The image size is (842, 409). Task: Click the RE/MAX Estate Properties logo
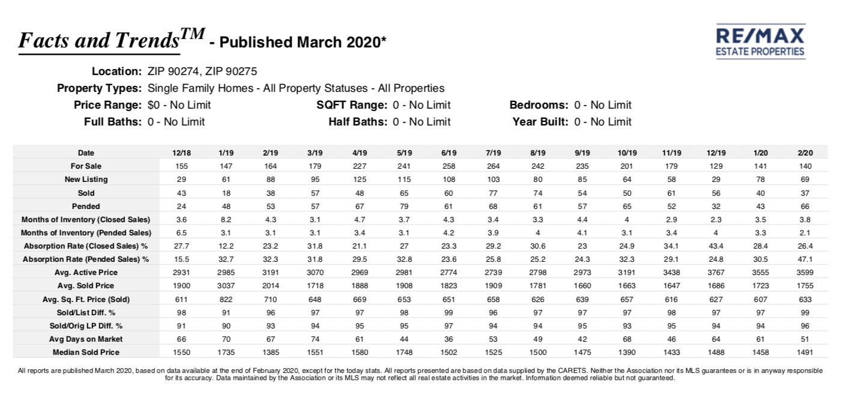click(760, 41)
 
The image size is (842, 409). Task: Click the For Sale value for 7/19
click(493, 166)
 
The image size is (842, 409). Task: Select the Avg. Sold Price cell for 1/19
click(226, 286)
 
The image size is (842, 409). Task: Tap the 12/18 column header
click(182, 153)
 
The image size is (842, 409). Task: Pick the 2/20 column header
click(805, 153)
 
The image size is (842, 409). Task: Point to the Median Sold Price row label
click(86, 353)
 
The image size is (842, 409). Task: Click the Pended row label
click(86, 206)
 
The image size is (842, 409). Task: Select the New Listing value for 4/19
click(360, 180)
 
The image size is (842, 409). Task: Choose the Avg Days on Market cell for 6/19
click(449, 339)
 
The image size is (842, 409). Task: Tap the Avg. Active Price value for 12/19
click(716, 273)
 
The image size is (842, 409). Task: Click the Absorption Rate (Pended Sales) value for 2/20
click(805, 259)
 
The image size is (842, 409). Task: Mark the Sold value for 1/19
click(226, 193)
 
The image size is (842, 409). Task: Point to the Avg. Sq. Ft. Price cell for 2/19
click(270, 299)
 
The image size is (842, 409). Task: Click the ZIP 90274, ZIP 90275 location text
click(202, 71)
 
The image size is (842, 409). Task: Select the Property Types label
click(99, 88)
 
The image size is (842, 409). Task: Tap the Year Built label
click(540, 122)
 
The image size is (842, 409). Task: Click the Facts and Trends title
click(112, 40)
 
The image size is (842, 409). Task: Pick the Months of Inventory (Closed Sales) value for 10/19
click(627, 220)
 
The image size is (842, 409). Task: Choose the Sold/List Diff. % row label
click(86, 312)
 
